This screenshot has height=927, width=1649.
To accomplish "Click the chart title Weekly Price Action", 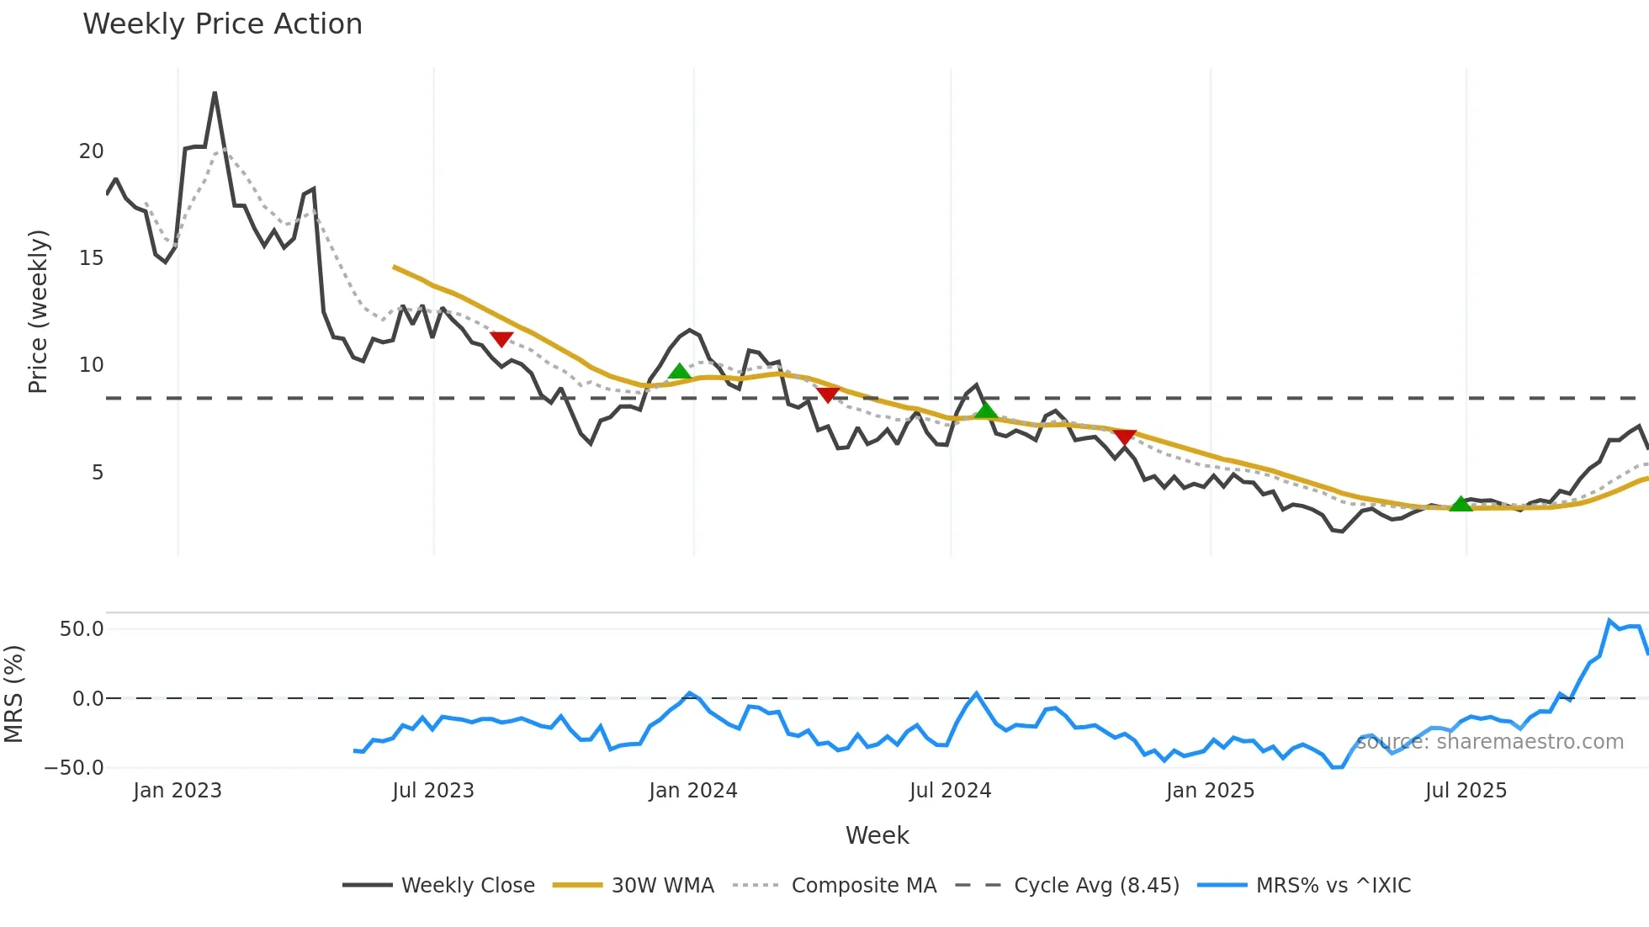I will click(222, 24).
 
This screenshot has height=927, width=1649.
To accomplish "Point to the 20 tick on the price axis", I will click(91, 151).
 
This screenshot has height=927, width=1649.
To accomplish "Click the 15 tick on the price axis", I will click(91, 258).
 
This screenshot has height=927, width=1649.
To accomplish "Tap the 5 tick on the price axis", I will click(98, 473).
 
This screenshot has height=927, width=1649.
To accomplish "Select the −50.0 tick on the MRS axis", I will click(74, 768).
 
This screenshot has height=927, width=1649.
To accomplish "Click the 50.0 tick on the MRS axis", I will click(81, 629).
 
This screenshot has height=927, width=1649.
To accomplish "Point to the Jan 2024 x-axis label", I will click(693, 791).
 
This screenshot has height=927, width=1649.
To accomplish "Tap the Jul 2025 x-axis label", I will click(1466, 791).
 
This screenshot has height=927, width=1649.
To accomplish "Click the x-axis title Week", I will click(877, 835).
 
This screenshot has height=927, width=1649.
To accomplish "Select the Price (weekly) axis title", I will click(38, 311).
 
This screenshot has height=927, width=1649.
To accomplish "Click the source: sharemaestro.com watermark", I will click(1490, 742).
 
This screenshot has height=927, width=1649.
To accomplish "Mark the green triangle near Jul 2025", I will click(1461, 504).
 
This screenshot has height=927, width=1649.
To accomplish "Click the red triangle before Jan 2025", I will click(1125, 437).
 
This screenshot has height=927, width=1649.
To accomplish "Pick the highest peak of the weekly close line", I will click(215, 93).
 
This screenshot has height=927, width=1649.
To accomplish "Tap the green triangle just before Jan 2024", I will click(679, 372).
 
